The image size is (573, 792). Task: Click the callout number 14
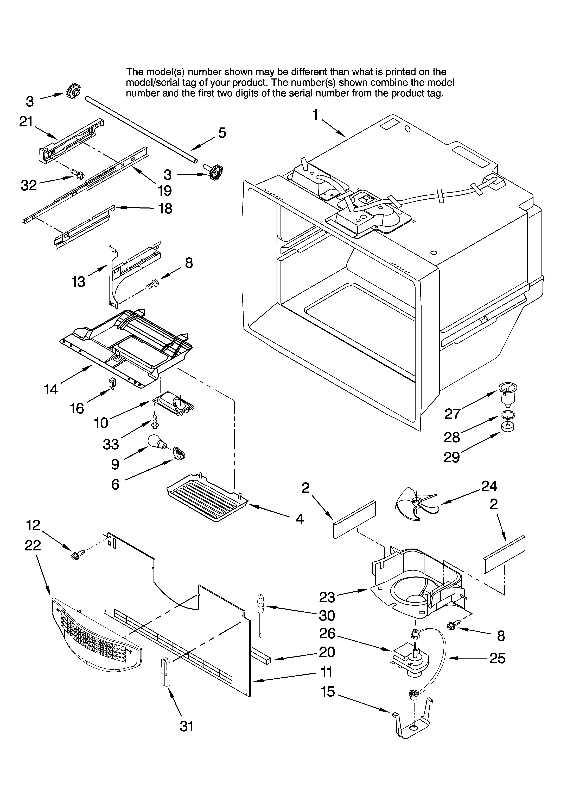(51, 389)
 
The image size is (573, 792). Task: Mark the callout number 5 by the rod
(222, 133)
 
